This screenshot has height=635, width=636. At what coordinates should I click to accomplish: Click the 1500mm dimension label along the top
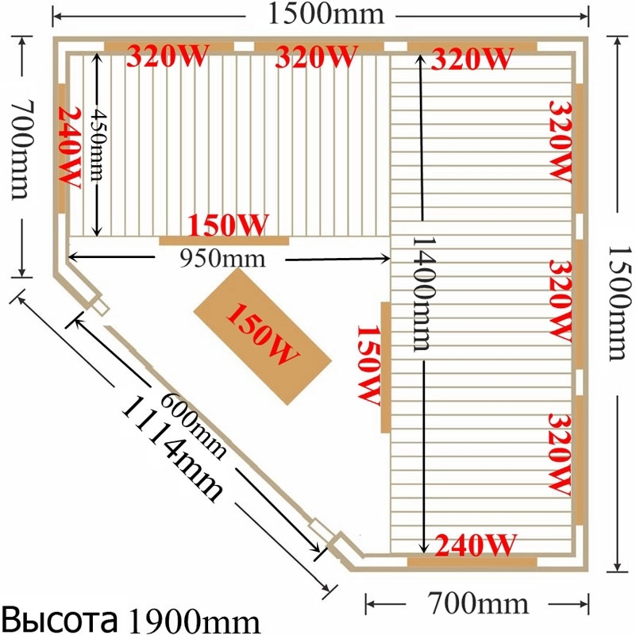tap(326, 14)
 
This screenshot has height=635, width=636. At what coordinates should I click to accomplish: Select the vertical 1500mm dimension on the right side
tap(619, 303)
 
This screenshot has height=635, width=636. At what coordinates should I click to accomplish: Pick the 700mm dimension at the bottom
tap(478, 603)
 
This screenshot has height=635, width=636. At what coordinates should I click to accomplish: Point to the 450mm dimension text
tap(98, 145)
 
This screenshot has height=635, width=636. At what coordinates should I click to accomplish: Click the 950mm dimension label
tap(222, 258)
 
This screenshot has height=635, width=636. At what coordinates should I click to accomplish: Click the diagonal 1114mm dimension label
tap(172, 448)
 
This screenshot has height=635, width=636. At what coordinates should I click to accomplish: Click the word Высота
tap(60, 619)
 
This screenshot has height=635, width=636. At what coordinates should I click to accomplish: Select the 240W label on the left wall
tap(69, 147)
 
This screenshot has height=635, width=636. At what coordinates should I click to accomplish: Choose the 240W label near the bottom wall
tap(476, 545)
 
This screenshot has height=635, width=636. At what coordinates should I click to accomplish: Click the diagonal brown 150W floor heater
tap(263, 336)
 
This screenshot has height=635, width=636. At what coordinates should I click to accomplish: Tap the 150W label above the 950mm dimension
tap(228, 225)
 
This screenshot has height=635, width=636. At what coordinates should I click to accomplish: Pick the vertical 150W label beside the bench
tap(368, 365)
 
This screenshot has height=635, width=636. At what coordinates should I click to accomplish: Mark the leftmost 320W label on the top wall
tap(168, 56)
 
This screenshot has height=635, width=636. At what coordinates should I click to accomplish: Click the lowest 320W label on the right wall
tap(560, 455)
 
